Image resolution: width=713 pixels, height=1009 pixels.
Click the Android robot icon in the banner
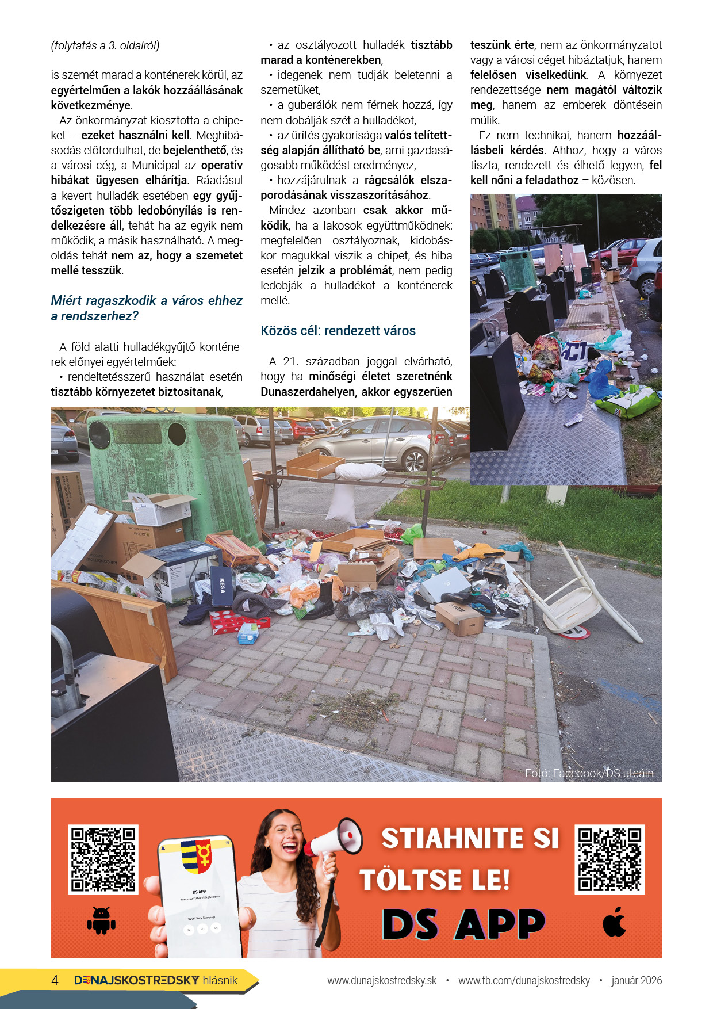pos(101,919)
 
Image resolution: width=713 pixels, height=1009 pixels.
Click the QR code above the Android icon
pos(103,859)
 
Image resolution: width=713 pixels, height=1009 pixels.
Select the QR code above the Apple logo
pos(609,859)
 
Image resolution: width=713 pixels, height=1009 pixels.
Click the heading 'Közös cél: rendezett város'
pos(338,331)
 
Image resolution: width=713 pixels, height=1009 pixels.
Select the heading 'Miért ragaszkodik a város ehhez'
pos(147,300)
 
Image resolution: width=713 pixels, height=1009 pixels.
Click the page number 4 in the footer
pos(55,980)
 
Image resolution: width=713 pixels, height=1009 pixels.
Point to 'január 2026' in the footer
pos(637,980)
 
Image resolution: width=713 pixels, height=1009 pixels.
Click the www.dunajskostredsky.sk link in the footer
pos(382,980)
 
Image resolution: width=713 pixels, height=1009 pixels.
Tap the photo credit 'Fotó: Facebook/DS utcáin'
pos(589,773)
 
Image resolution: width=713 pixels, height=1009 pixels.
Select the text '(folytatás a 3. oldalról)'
pos(105,45)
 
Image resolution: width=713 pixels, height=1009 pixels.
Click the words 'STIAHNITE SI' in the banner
pos(470,838)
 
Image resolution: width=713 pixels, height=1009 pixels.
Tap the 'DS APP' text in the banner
pos(463,924)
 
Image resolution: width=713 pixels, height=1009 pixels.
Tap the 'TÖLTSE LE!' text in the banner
pos(435,880)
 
